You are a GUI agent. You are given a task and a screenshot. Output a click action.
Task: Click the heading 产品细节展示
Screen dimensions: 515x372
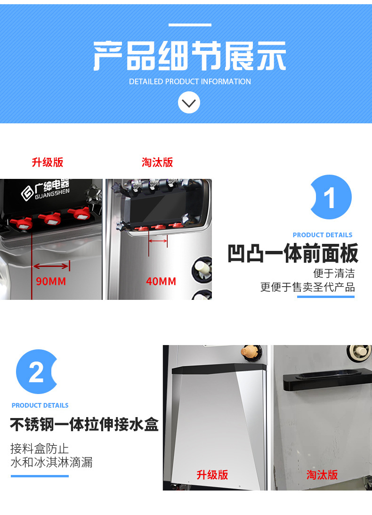click(x=189, y=56)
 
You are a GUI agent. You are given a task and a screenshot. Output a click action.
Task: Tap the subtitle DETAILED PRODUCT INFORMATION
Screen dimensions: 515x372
click(x=190, y=81)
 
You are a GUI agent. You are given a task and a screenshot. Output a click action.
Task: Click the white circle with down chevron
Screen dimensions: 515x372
click(x=189, y=102)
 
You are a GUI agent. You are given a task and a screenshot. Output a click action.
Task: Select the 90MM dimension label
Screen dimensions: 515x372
click(x=51, y=282)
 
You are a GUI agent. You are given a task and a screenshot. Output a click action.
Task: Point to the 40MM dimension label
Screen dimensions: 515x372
click(x=161, y=282)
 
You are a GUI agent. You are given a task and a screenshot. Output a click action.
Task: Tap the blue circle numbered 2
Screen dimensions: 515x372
click(x=37, y=372)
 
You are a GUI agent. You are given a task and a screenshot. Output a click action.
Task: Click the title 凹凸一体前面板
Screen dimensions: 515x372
click(x=292, y=254)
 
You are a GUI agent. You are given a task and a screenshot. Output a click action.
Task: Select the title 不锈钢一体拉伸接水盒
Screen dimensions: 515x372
click(x=84, y=425)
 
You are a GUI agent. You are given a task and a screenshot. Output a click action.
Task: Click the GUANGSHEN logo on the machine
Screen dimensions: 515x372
click(x=45, y=190)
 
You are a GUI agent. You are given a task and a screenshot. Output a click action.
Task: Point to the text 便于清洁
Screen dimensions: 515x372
click(x=334, y=273)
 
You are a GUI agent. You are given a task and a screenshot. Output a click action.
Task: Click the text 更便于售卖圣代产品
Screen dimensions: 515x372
click(x=307, y=287)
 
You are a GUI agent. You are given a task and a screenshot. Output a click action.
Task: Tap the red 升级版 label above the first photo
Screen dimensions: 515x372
click(x=48, y=162)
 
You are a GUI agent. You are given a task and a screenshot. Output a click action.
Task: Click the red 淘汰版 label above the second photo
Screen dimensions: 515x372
click(x=157, y=162)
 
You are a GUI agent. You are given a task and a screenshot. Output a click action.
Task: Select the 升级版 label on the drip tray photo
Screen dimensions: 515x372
click(x=212, y=475)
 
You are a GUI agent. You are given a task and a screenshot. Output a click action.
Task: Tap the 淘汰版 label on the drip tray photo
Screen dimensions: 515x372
click(x=323, y=475)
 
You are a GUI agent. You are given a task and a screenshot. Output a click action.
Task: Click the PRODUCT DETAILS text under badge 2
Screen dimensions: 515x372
click(x=40, y=405)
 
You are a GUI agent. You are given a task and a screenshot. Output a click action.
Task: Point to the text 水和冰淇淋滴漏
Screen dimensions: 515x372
click(x=51, y=462)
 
